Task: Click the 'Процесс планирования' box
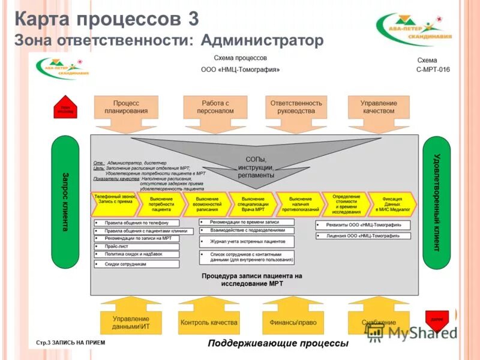[126, 107]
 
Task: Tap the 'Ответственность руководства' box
[296, 107]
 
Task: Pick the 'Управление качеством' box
[378, 107]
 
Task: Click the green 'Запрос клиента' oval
[65, 202]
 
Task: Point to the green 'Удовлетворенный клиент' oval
[437, 202]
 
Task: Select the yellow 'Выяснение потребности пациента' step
[161, 203]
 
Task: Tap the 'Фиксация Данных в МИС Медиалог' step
[392, 203]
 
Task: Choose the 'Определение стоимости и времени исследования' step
[346, 203]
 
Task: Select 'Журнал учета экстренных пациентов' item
[247, 241]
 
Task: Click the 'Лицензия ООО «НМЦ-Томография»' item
[363, 236]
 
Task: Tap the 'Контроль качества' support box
[209, 322]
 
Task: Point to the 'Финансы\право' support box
[293, 322]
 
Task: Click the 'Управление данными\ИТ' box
[131, 322]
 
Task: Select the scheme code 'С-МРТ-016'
[433, 70]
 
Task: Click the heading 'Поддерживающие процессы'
[278, 344]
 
